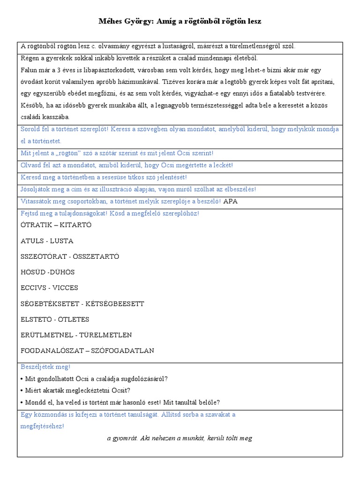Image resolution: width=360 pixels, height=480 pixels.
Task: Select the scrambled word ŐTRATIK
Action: point(37,225)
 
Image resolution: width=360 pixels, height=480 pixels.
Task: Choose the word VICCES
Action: point(65,288)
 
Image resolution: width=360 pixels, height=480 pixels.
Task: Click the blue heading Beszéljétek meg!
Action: point(45,367)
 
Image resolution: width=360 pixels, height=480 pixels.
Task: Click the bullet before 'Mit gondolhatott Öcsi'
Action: point(22,379)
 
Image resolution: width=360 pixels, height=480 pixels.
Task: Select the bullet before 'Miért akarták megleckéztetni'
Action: point(22,390)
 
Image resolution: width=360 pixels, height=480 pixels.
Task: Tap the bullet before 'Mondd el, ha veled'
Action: point(22,402)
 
